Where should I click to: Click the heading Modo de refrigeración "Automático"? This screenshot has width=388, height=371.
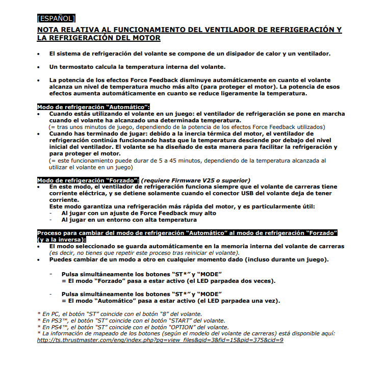tap(93, 107)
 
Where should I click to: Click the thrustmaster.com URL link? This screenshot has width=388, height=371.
tap(160, 340)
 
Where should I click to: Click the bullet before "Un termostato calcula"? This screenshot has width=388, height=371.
tap(39, 67)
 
